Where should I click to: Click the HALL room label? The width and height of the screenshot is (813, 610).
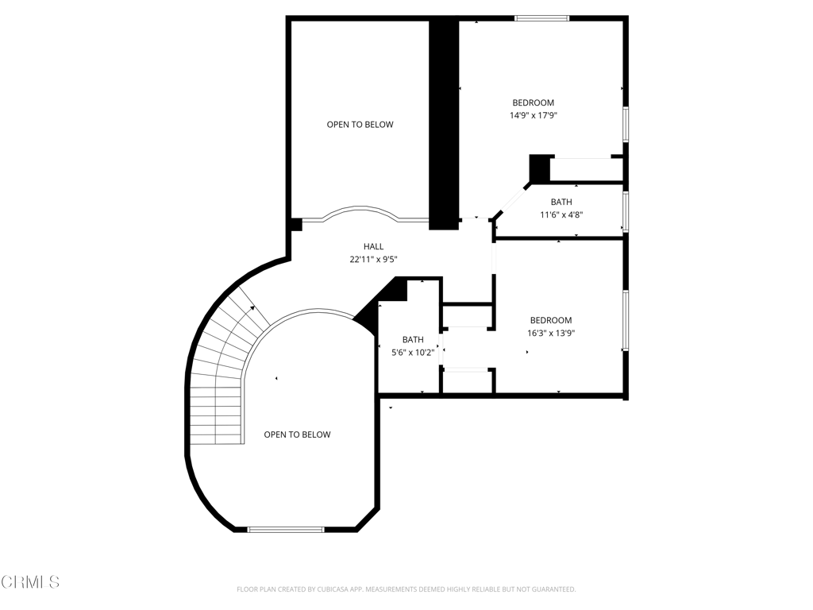pos(373,246)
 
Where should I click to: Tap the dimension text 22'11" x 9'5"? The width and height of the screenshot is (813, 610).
pos(373,260)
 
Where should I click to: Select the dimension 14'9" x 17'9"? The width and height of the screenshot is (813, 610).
pos(533,115)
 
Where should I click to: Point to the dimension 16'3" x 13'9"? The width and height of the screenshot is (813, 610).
pos(551,333)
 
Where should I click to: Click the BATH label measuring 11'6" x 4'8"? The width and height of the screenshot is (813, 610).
pos(561,202)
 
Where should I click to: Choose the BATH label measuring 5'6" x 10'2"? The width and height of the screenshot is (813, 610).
pos(413,340)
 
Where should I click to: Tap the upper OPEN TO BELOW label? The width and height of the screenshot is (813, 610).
pos(360,125)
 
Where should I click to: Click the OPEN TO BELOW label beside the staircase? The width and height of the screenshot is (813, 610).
pos(297,434)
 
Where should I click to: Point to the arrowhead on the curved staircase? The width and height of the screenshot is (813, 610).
pos(252,308)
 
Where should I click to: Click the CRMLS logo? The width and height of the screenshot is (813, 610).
pos(30,582)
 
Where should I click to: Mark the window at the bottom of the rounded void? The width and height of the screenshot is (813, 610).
pos(286,530)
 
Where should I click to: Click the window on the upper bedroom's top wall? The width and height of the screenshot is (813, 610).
pos(541,19)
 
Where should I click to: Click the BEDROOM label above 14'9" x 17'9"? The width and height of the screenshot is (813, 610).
pos(533,102)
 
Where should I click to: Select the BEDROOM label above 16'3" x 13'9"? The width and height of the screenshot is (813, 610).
pos(551,321)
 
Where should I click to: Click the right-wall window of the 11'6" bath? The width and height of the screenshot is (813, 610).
pos(626,211)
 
